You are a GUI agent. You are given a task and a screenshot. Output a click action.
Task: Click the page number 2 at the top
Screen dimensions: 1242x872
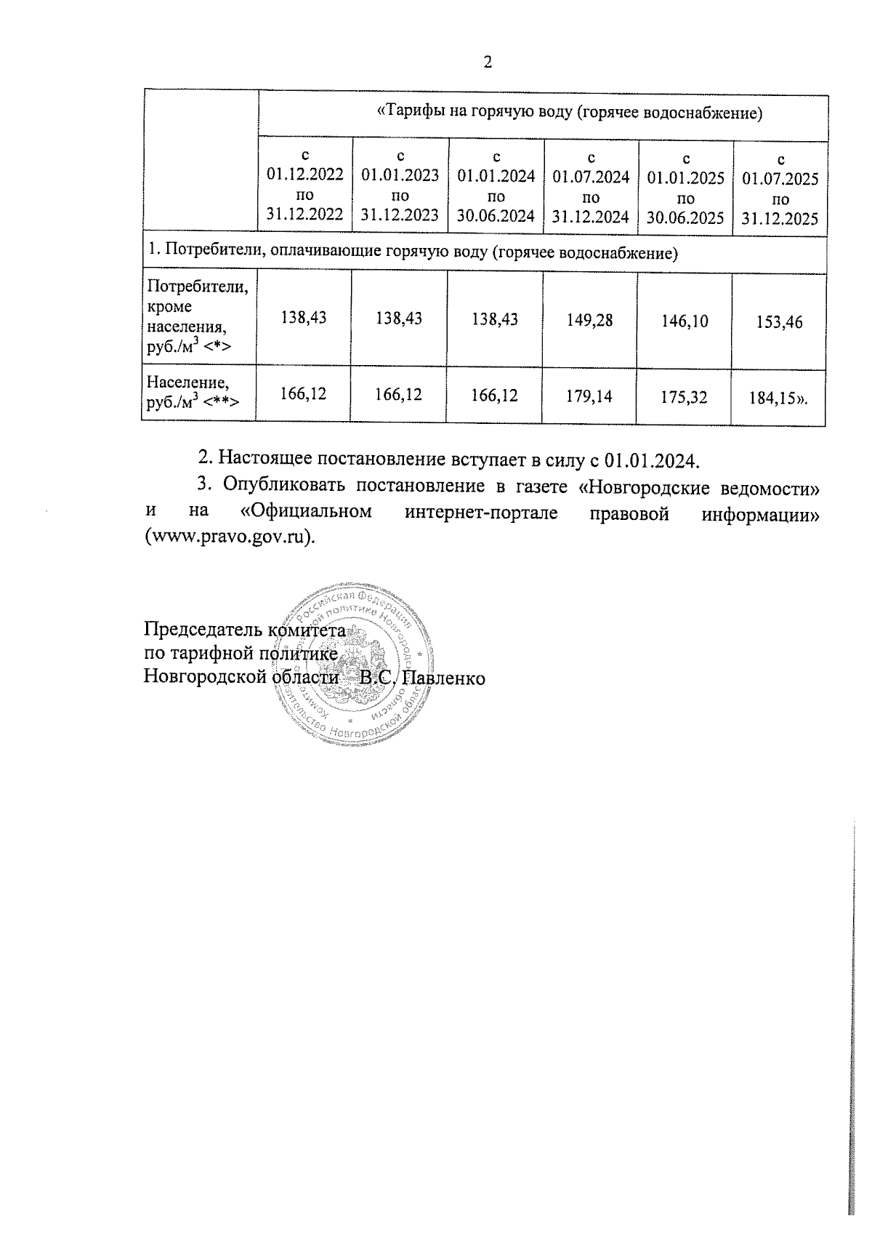(488, 63)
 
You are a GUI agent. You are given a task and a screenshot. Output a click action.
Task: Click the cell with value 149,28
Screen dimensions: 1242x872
(590, 319)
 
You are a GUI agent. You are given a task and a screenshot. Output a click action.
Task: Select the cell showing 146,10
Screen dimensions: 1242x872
(685, 321)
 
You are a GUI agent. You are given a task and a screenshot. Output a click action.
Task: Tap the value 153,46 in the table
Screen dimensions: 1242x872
(780, 322)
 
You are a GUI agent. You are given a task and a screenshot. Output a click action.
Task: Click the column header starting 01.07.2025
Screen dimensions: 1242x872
(780, 189)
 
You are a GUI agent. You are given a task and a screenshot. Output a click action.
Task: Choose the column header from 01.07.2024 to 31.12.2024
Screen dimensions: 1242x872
(591, 187)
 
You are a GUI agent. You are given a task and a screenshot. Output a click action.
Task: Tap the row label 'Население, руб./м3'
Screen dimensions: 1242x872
(193, 392)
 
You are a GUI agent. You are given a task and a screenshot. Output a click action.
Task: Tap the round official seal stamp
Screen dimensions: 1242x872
(356, 662)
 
